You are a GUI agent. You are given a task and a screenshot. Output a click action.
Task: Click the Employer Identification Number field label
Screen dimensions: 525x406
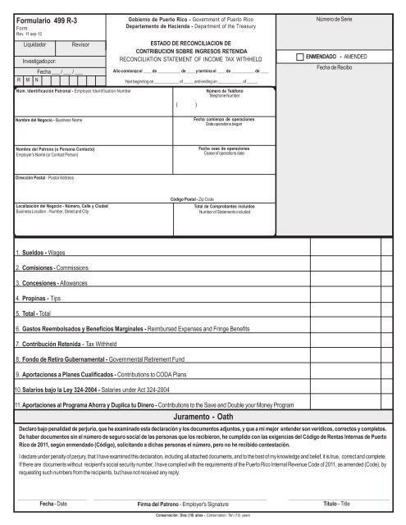(x=72, y=91)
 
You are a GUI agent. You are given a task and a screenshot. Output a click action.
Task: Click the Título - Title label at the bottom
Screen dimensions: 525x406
(x=337, y=502)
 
